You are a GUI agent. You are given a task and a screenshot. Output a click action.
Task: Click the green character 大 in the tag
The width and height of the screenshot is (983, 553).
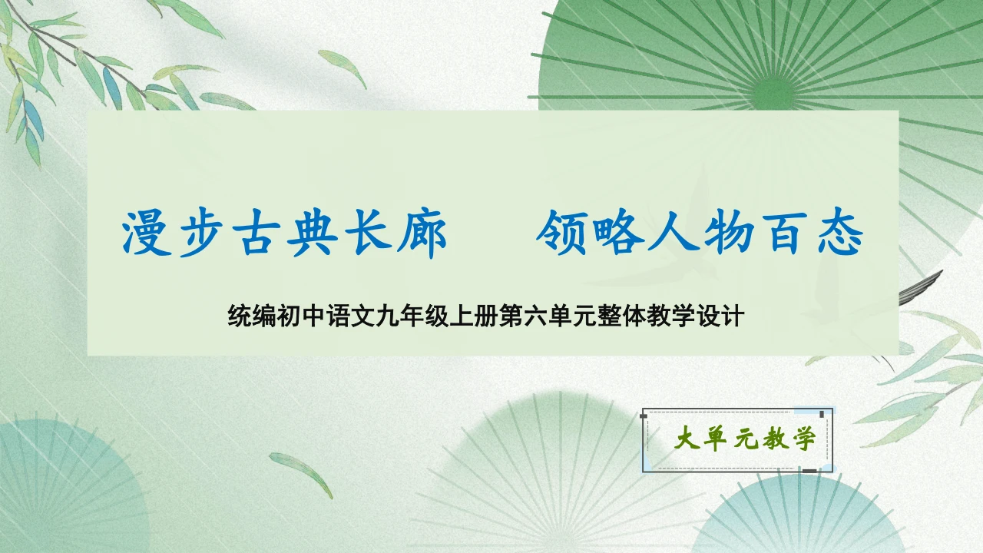point(684,440)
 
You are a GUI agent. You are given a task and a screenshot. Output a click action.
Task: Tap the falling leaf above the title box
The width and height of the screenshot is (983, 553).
point(343,67)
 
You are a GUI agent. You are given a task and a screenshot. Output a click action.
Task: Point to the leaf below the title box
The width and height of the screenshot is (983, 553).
point(301,473)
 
